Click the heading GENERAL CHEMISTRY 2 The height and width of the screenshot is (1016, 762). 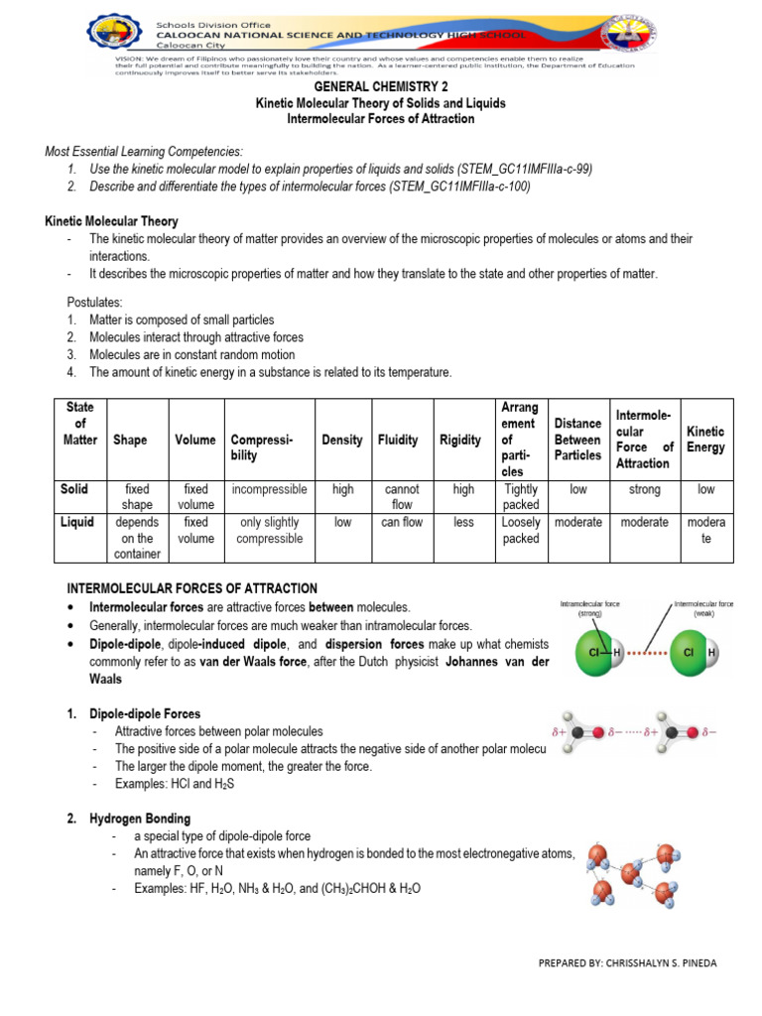point(380,86)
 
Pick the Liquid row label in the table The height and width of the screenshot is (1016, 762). point(78,522)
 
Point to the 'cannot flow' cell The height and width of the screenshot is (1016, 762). point(403,497)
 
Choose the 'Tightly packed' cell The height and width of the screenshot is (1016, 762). point(521,497)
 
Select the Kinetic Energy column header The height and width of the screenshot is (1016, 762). point(706,440)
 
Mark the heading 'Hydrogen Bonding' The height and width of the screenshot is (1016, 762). point(141,819)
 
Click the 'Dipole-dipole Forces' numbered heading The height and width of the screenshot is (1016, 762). point(145,713)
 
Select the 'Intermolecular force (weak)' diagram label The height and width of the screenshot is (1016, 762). point(702,607)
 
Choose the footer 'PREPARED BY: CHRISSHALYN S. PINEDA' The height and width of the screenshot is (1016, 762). point(626,963)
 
